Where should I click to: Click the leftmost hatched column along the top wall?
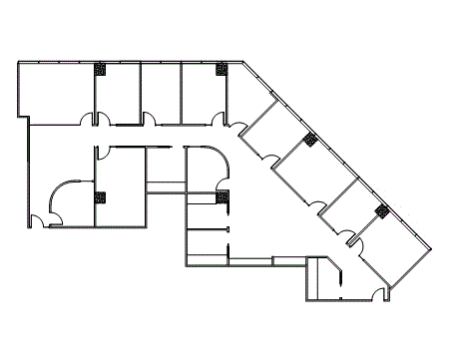pyautogui.click(x=101, y=69)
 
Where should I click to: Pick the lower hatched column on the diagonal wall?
pyautogui.click(x=381, y=210)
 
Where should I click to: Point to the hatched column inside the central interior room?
pyautogui.click(x=101, y=196)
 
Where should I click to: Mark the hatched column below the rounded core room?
pyautogui.click(x=224, y=195)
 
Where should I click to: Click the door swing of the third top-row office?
pyautogui.click(x=149, y=120)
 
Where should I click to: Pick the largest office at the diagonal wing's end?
pyautogui.click(x=394, y=256)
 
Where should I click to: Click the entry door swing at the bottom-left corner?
pyautogui.click(x=37, y=219)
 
